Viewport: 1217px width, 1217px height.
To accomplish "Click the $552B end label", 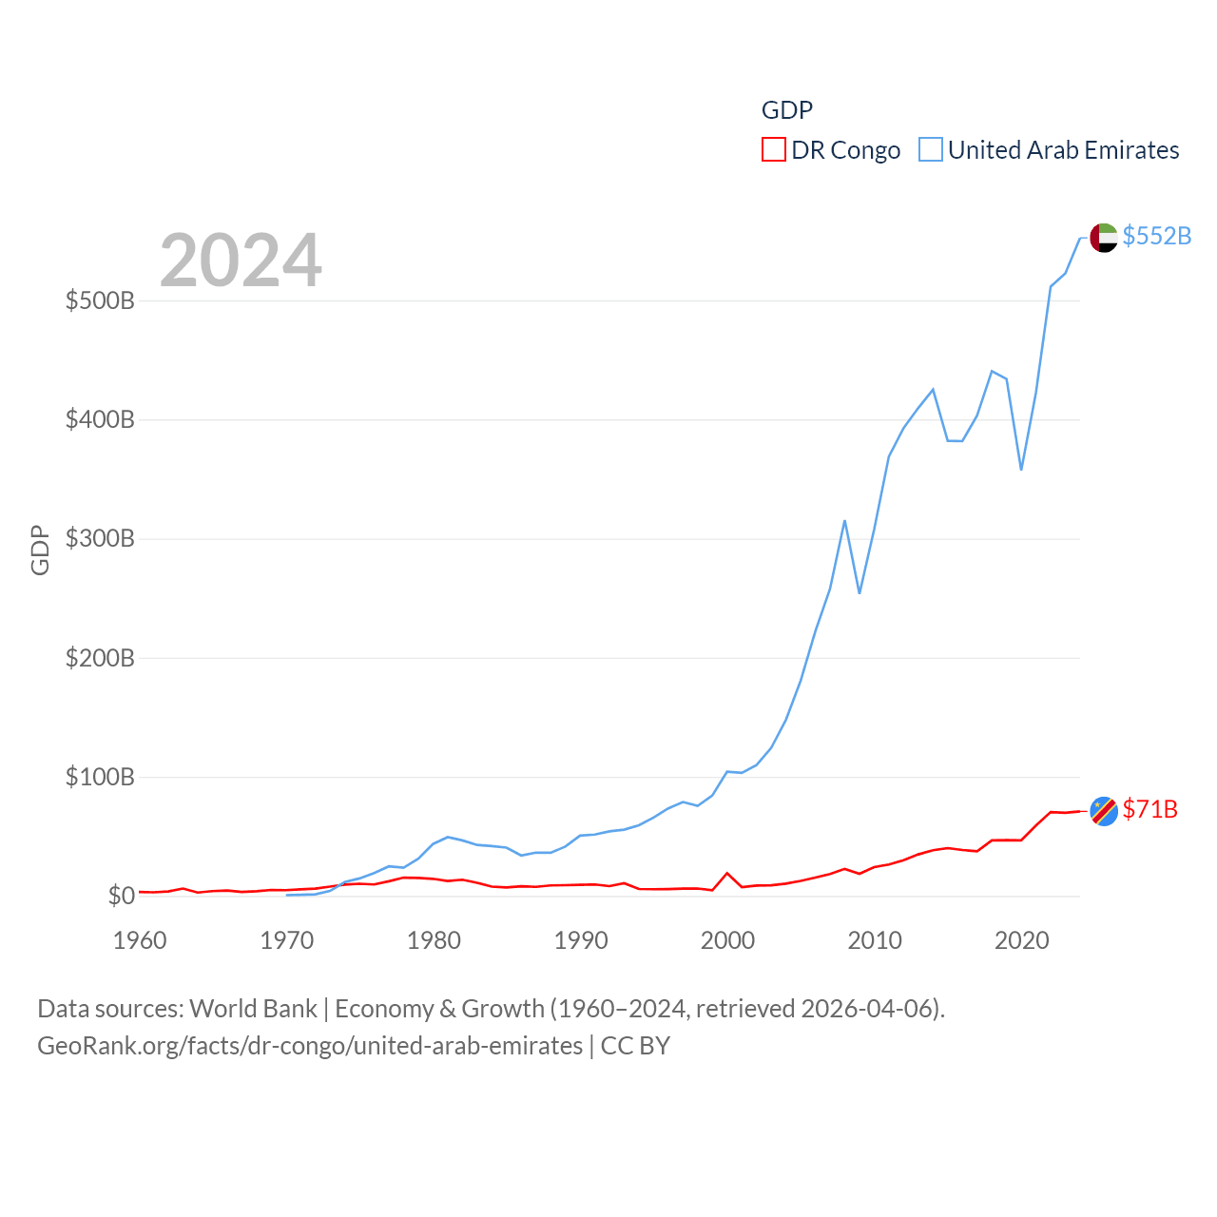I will point(1156,236).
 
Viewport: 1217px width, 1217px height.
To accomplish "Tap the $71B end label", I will point(1149,809).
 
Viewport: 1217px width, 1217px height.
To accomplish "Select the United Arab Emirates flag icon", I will point(1104,238).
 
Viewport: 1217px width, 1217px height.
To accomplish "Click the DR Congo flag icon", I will point(1104,811).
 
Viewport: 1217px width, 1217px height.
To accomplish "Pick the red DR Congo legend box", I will point(773,150).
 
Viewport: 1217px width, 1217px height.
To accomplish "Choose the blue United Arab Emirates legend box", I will point(930,150).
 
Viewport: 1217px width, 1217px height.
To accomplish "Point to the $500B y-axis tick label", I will point(100,301).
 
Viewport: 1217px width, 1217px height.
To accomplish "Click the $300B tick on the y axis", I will point(100,539).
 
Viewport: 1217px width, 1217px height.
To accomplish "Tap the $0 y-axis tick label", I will point(121,896).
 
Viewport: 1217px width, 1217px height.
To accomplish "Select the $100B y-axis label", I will point(100,777).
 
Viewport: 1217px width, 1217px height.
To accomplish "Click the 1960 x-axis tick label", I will point(140,940).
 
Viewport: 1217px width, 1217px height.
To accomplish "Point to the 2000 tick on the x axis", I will point(727,940).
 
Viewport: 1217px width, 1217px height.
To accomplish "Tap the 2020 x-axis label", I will point(1021,940).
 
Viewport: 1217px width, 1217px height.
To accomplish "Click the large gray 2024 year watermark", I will point(241,261).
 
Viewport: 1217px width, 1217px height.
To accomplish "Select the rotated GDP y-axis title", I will point(40,550).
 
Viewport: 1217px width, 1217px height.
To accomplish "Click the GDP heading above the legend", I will point(786,110).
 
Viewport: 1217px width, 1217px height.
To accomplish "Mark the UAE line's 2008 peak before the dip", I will point(844,521).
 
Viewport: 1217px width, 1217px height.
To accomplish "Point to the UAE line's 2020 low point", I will point(1021,469).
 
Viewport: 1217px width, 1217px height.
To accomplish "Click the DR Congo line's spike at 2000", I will point(727,873).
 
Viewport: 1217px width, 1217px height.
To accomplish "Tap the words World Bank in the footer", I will point(253,1008).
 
